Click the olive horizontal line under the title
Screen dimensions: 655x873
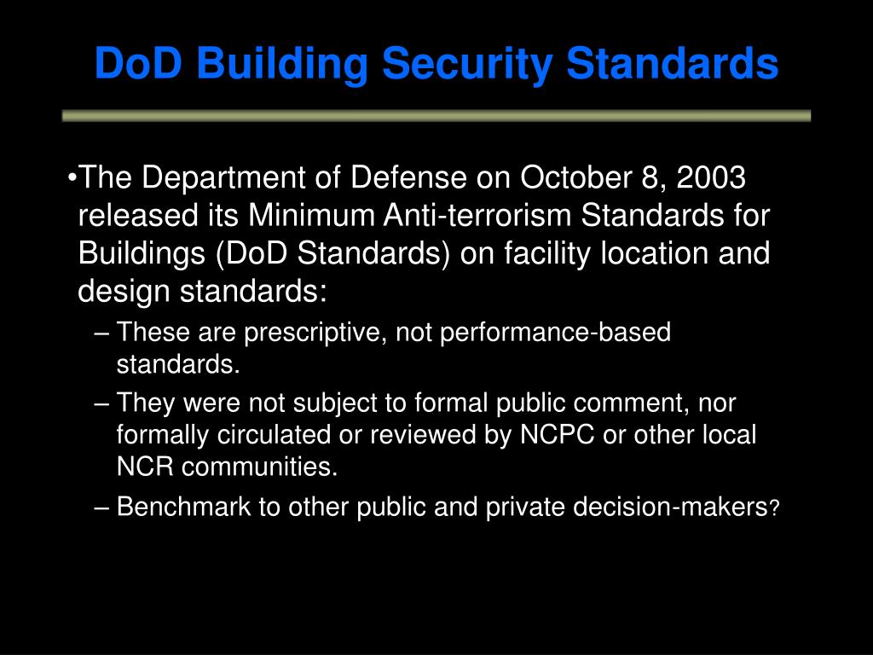coord(436,116)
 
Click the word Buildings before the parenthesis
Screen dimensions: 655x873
coord(132,253)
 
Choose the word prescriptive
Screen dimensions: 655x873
coord(315,333)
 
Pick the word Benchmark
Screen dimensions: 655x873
coord(183,507)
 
